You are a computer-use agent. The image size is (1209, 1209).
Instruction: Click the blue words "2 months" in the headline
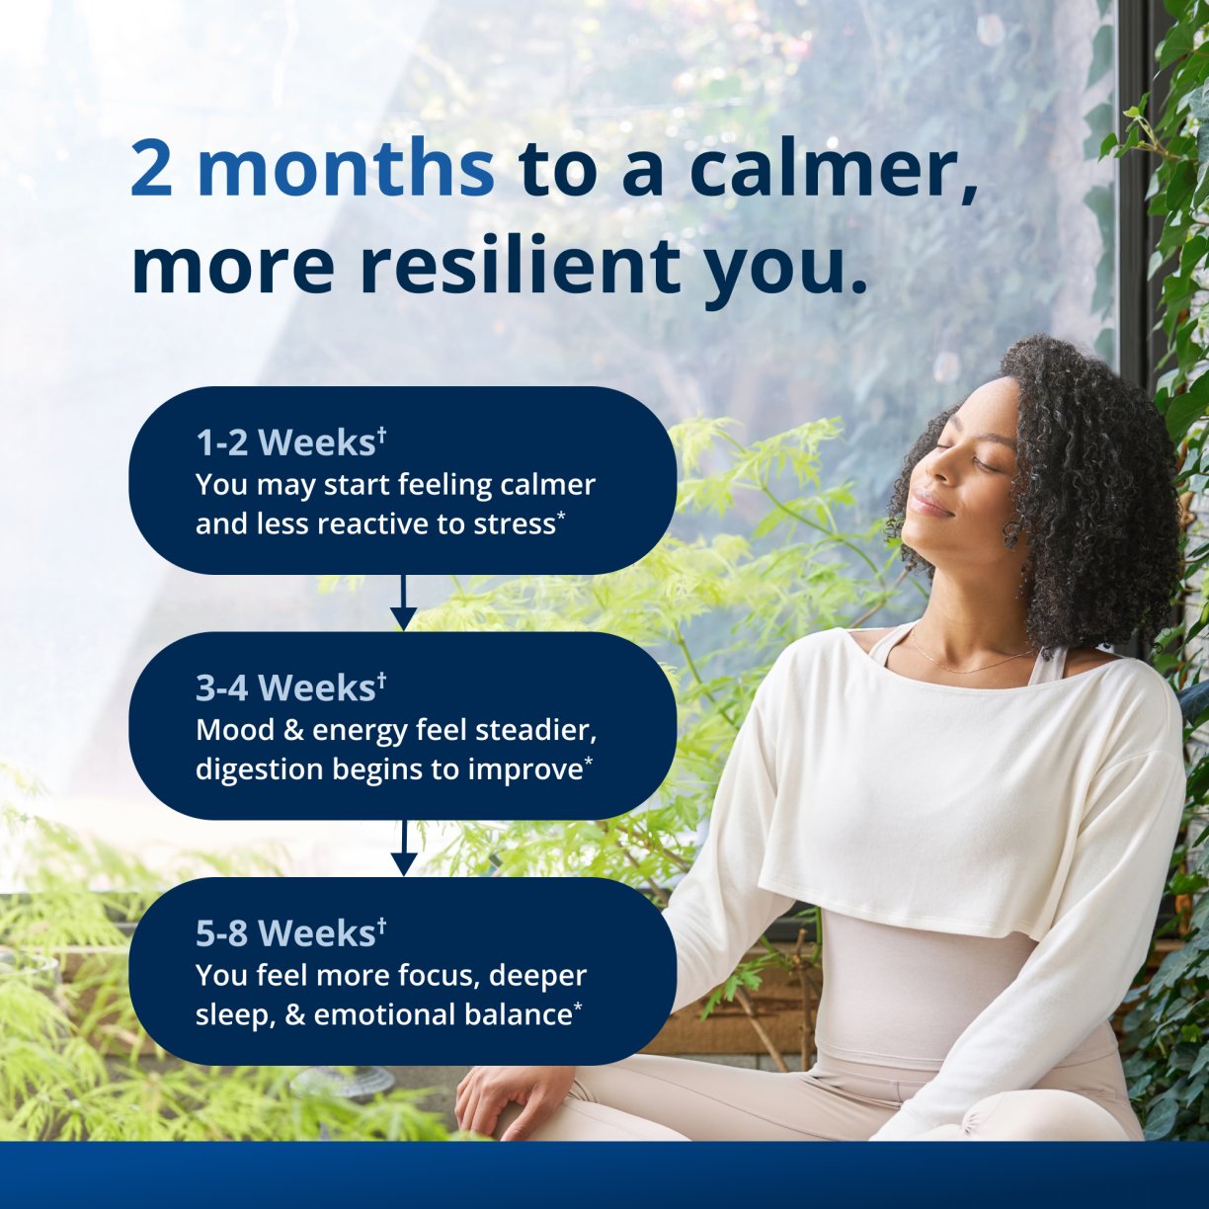coord(312,168)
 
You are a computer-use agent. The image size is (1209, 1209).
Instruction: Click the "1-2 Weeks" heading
coord(285,443)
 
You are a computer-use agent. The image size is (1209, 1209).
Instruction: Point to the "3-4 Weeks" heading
coord(285,687)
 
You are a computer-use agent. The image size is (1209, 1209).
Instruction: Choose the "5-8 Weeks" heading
coord(285,932)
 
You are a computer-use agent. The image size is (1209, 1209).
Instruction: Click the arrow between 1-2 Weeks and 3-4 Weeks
coord(403,604)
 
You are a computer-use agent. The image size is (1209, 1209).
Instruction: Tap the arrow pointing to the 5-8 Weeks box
coord(403,848)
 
